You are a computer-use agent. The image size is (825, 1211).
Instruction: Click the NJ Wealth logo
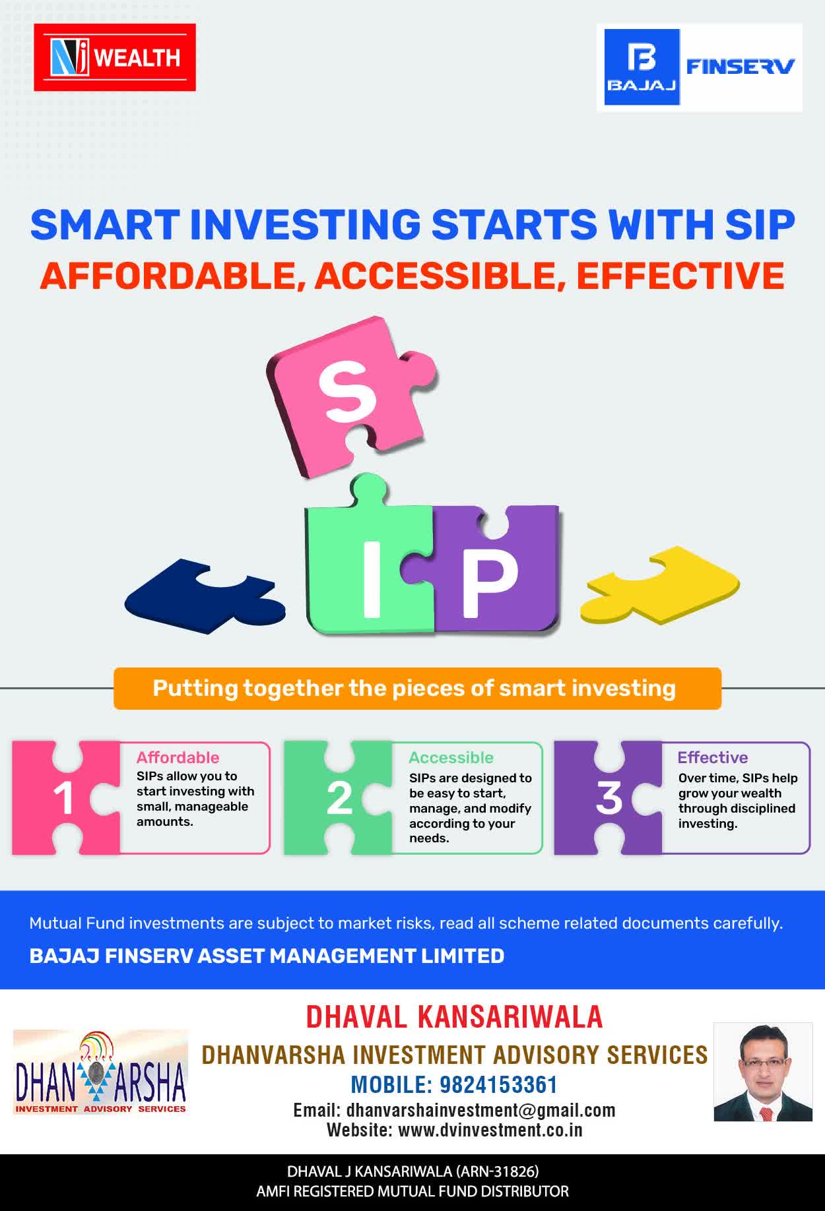coord(115,57)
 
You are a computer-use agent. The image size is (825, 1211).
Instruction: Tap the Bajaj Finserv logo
coord(700,67)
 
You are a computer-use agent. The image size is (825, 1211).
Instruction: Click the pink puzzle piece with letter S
coord(350,396)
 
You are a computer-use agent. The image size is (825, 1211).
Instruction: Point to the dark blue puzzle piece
coord(205,597)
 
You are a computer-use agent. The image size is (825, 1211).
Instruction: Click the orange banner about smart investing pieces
coord(417,689)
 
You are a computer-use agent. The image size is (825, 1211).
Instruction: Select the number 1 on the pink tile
coord(63,799)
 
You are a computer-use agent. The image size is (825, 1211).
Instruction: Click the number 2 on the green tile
coord(339,799)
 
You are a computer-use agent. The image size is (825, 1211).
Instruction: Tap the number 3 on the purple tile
coord(609,798)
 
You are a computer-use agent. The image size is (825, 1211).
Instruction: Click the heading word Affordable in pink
coord(178,757)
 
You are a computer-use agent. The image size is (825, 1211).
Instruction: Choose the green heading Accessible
coord(451,757)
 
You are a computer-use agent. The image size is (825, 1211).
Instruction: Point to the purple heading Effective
coord(713,757)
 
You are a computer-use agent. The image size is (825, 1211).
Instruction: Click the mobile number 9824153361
coord(498,1085)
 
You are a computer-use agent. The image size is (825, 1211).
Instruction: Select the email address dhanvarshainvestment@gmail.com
coord(480,1110)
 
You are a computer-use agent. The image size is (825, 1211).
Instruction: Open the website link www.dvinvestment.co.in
coord(490,1130)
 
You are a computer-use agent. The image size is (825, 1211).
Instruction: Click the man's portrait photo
coord(763,1072)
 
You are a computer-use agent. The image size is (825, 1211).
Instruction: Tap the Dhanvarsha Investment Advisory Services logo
coord(100,1072)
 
